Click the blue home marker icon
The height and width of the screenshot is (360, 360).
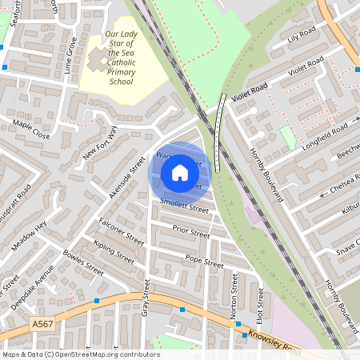[180, 173]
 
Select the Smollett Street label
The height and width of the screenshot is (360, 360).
[184, 206]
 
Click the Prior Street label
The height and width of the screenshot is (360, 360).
[190, 232]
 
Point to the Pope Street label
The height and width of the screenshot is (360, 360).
[203, 260]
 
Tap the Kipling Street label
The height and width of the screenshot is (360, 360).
[114, 252]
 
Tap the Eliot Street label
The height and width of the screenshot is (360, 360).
[258, 304]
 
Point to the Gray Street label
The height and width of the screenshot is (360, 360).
[146, 297]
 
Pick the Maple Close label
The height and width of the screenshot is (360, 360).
[31, 130]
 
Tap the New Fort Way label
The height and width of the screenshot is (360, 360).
[100, 143]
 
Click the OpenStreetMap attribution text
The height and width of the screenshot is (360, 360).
[80, 354]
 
